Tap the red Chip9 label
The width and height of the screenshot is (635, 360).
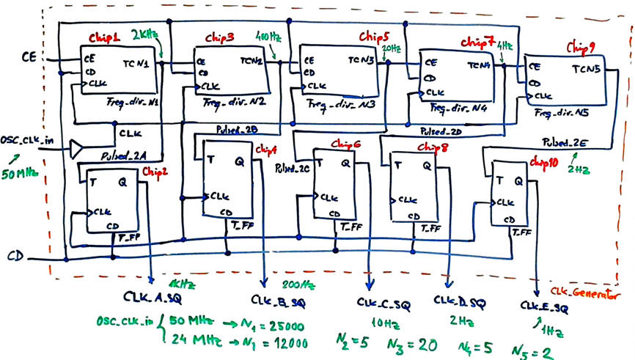pyautogui.click(x=582, y=46)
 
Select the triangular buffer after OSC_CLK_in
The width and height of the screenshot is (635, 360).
pyautogui.click(x=77, y=150)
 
